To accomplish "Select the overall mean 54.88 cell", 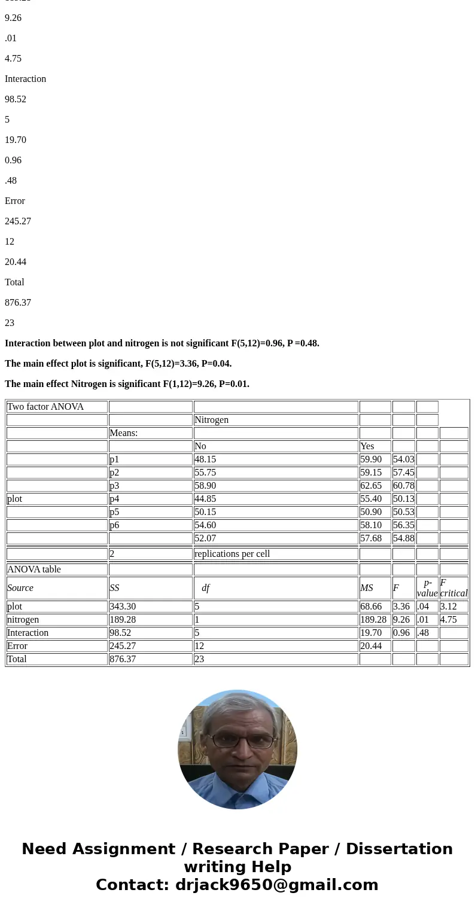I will click(404, 538).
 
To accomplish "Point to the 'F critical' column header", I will click(453, 588).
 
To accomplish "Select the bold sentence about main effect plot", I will click(118, 364).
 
